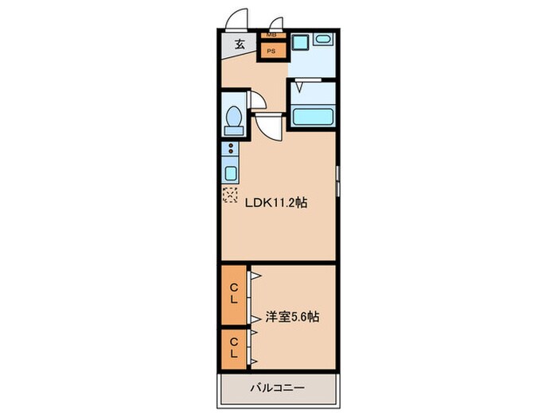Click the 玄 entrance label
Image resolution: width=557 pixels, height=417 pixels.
(239, 45)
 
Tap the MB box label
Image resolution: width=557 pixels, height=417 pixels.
(271, 35)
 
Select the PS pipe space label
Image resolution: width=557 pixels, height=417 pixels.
(271, 52)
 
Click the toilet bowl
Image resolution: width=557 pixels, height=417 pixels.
(234, 120)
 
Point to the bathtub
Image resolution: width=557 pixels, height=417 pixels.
(313, 116)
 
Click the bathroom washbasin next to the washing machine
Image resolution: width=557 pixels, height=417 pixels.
(323, 39)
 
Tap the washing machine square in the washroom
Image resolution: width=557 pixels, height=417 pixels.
(300, 44)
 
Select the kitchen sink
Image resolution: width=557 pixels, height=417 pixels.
(230, 173)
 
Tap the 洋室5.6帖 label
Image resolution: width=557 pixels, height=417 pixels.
(292, 317)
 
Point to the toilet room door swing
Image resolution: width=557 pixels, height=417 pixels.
(259, 102)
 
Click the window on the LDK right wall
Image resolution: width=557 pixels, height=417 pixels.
(337, 183)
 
